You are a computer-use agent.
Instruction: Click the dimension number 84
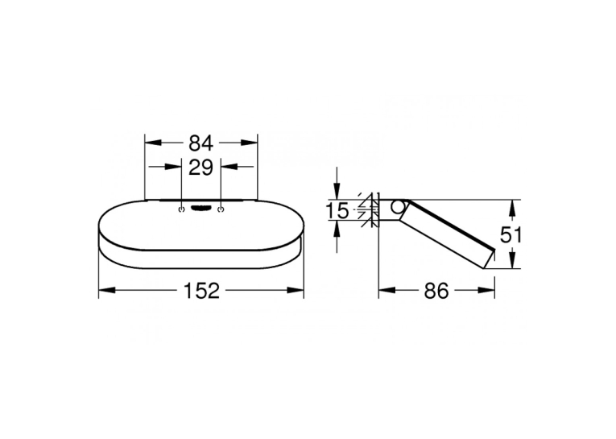coord(201,143)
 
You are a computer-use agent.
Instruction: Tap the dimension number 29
coord(201,168)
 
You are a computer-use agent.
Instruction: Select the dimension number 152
coord(202,291)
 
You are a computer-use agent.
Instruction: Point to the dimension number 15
coord(337,211)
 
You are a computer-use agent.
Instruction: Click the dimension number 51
coord(511,235)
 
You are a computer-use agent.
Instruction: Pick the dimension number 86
coord(436,292)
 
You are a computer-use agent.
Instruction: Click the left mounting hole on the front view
coord(181,209)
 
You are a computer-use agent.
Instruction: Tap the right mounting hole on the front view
coord(221,209)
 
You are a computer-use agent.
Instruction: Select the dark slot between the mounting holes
coord(201,209)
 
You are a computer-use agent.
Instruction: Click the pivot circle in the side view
coord(398,207)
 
